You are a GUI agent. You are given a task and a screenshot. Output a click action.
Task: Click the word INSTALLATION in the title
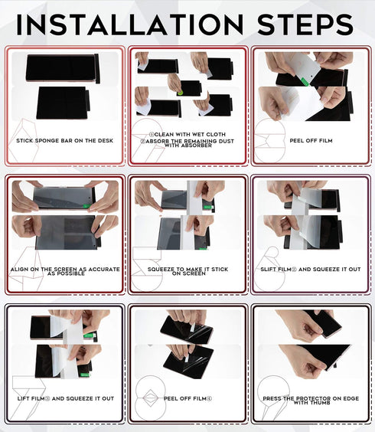click(x=130, y=25)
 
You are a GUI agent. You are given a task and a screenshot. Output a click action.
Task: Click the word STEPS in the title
click(x=305, y=25)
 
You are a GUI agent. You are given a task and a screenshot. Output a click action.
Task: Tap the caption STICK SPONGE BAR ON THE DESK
click(x=65, y=140)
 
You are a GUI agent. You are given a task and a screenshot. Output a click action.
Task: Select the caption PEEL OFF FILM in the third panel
click(x=311, y=140)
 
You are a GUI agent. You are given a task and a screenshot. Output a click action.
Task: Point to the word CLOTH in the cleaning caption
click(x=216, y=135)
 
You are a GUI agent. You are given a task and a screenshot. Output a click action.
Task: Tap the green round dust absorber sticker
click(x=181, y=93)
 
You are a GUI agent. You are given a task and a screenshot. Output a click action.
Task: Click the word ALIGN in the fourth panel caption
click(x=19, y=269)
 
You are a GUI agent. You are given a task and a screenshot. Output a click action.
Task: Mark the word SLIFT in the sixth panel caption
click(x=268, y=269)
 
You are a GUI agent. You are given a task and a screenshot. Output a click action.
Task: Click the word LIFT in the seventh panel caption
click(x=24, y=398)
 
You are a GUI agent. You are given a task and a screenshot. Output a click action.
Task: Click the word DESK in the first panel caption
click(x=106, y=140)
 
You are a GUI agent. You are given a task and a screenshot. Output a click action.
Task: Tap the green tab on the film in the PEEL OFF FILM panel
click(x=305, y=81)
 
